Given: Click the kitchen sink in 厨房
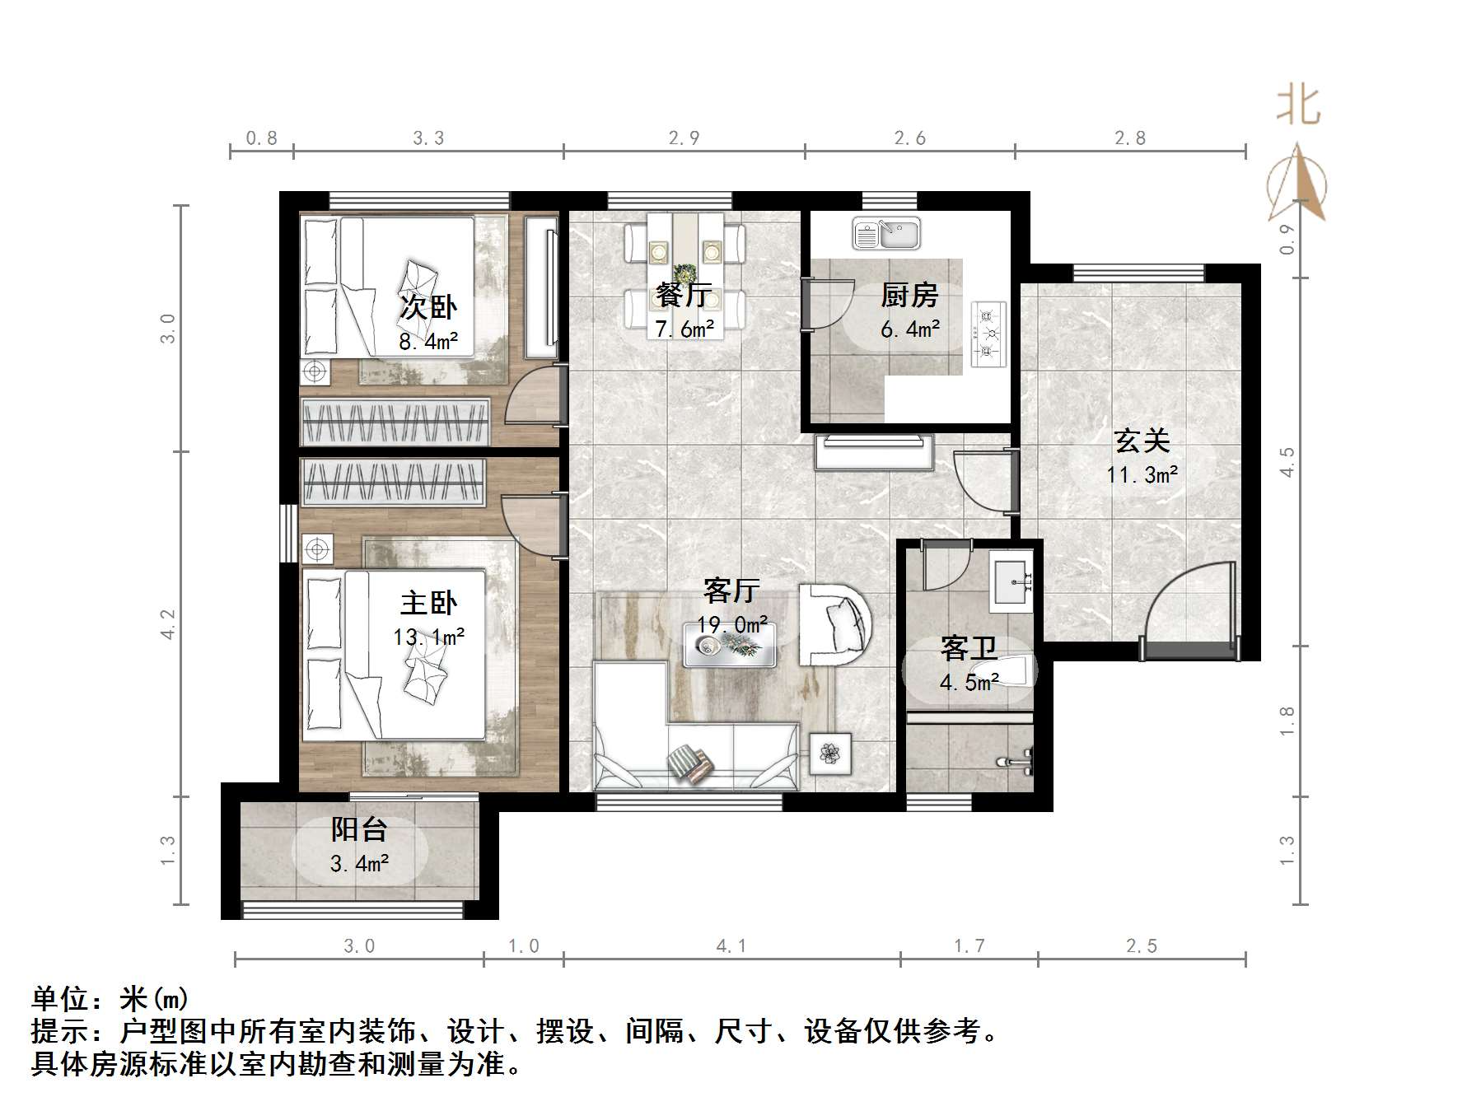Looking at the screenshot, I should [886, 234].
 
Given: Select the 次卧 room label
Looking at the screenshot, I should [427, 307].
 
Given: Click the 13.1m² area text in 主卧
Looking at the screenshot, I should [428, 637].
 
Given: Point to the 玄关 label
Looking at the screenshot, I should [1142, 441].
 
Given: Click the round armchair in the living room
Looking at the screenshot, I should [835, 624].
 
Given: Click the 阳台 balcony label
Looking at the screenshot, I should [358, 829].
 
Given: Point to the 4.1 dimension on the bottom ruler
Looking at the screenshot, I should [731, 946].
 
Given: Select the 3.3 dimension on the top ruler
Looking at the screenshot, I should [427, 138].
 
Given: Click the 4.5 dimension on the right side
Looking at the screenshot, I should [1287, 461].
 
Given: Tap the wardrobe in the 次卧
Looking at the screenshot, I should [395, 421].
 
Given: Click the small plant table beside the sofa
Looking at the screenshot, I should [830, 753].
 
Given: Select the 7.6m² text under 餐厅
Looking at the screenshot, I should [684, 329].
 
